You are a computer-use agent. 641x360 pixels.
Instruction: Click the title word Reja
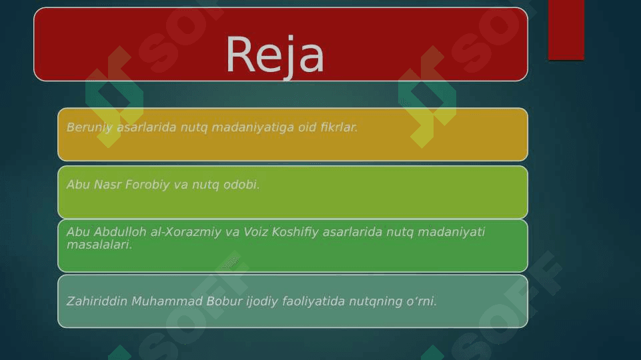click(275, 55)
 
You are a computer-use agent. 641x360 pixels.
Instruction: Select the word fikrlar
click(339, 127)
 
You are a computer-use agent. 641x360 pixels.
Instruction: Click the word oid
click(307, 127)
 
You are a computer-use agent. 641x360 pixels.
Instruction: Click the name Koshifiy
click(295, 232)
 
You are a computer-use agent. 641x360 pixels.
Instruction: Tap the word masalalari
click(99, 245)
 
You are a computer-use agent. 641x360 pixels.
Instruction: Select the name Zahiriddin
click(97, 301)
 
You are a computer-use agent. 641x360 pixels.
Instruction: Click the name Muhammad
click(167, 301)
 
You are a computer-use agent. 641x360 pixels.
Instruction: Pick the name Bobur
click(224, 301)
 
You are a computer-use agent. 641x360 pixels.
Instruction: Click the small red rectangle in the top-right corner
click(566, 30)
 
